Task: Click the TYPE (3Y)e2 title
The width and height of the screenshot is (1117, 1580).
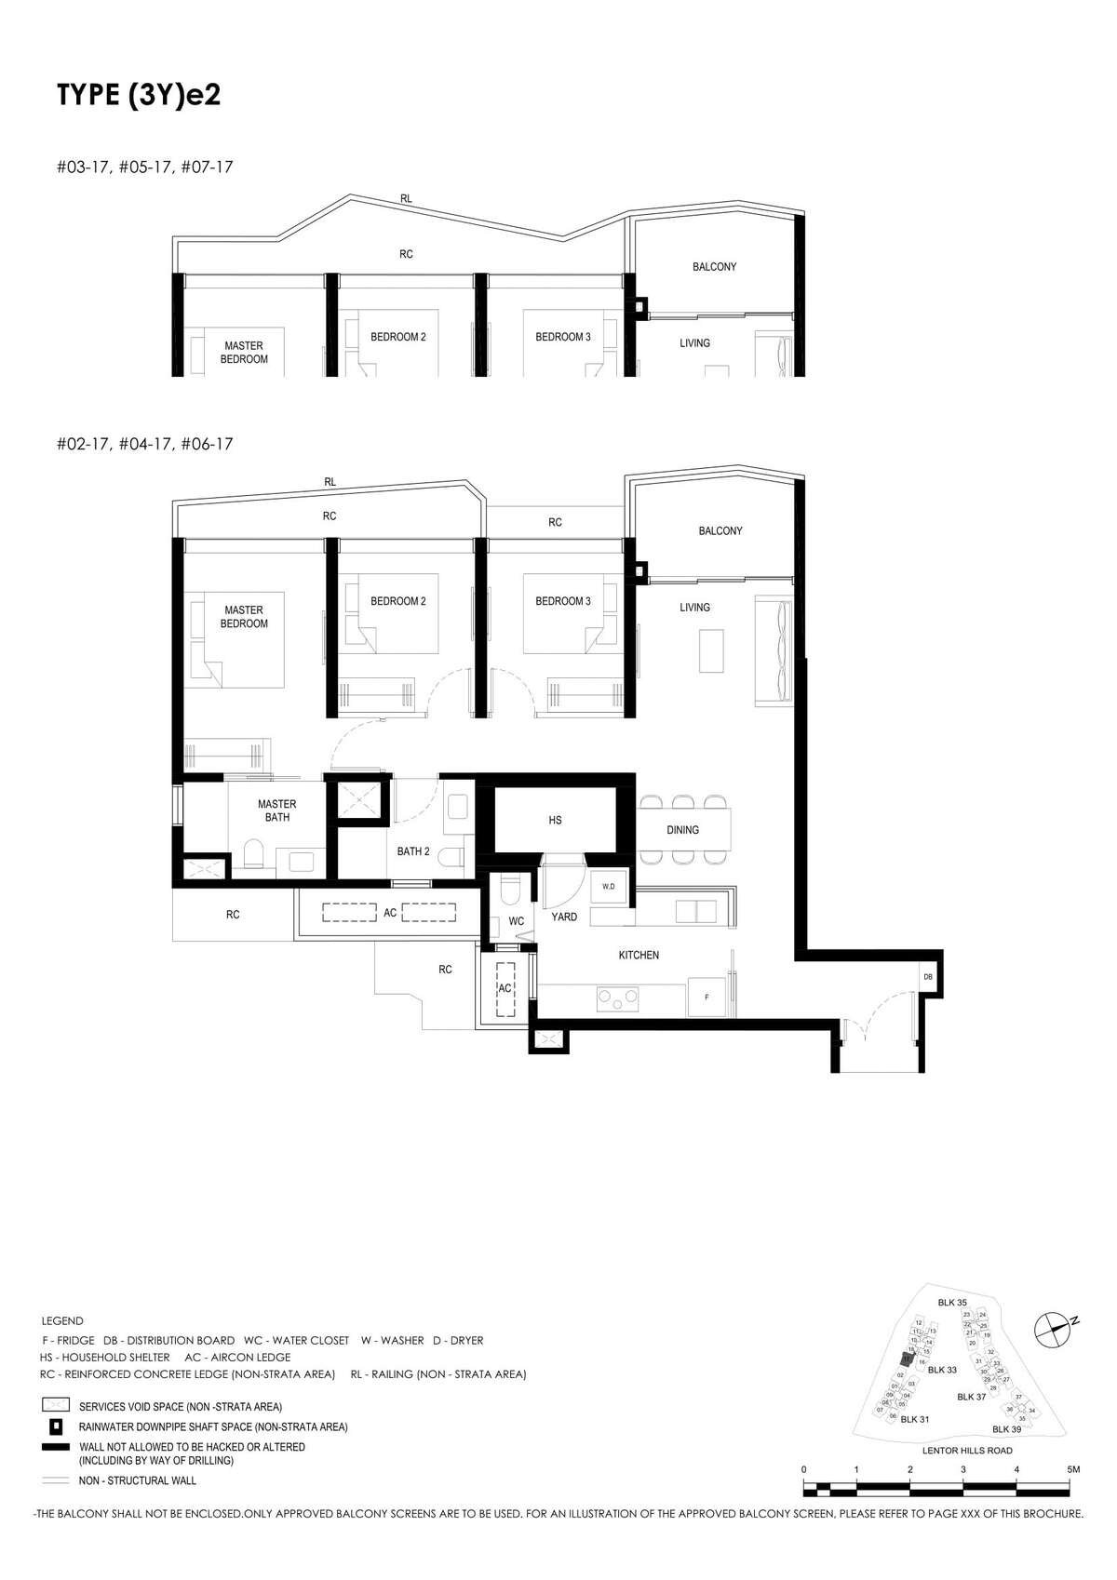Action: pos(139,95)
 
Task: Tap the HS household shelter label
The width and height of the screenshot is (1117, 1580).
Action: pos(555,821)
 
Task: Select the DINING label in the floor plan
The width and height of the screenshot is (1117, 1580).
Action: pos(682,830)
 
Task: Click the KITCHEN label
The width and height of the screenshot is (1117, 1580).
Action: pos(639,956)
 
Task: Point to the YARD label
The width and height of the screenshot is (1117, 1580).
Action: pos(564,917)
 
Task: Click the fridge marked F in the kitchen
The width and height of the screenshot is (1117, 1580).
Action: pos(707,998)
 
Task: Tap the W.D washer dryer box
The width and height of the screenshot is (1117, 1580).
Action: pos(608,887)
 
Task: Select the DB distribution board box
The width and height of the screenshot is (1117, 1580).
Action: pos(927,978)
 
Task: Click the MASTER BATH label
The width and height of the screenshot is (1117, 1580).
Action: pos(277,810)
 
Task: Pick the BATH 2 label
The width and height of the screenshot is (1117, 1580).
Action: pos(413,851)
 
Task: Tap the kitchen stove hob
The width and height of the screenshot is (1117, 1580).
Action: pos(617,999)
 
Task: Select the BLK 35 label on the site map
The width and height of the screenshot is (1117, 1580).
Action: pos(952,1303)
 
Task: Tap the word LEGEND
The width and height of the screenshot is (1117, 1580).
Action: pos(62,1320)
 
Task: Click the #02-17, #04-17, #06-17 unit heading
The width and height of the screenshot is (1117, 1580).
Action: pos(144,444)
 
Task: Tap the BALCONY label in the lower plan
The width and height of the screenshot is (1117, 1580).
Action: pos(720,530)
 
